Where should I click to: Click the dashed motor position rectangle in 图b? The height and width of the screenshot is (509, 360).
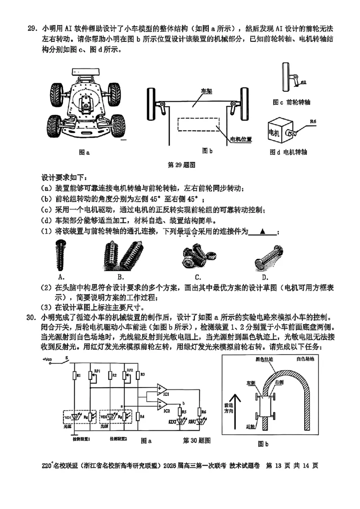[198, 125]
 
